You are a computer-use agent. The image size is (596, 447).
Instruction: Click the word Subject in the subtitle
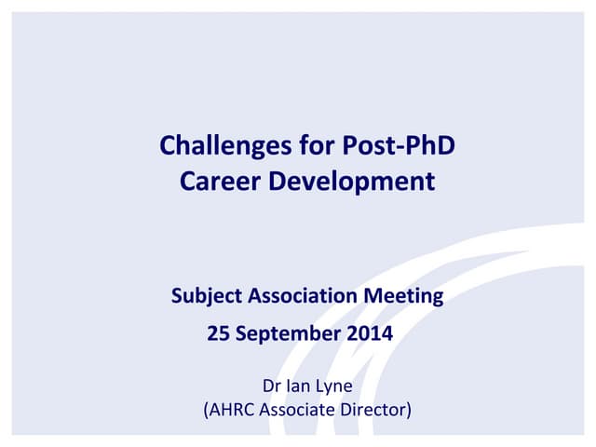(206, 297)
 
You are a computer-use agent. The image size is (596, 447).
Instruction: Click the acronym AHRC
(232, 408)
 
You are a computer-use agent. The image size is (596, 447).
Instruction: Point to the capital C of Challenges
(168, 146)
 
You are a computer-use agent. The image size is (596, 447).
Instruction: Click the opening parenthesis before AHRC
(206, 409)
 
